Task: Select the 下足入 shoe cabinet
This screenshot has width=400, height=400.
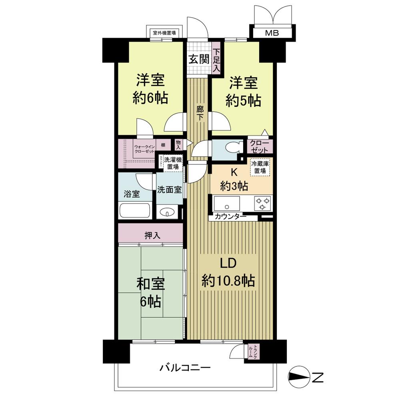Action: (216, 60)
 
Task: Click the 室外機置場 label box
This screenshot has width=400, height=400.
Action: (165, 33)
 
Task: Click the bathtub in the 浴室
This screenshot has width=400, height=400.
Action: (135, 211)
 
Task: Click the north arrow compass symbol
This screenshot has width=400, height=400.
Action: (299, 377)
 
